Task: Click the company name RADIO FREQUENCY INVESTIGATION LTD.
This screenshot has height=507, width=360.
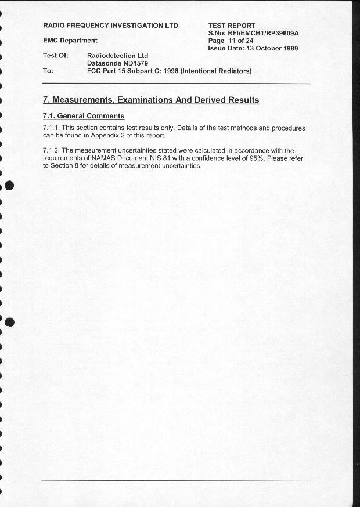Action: click(111, 26)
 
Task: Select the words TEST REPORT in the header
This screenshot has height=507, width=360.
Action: click(232, 26)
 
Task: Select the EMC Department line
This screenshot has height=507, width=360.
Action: click(70, 41)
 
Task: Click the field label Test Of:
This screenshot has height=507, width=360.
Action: click(56, 56)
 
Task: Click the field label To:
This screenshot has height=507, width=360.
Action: click(48, 71)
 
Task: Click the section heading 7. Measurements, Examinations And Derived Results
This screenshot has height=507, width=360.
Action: click(151, 100)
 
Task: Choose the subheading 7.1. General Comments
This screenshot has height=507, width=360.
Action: click(84, 116)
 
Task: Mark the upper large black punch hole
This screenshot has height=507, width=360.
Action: click(8, 186)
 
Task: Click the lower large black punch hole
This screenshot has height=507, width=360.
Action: click(8, 323)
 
